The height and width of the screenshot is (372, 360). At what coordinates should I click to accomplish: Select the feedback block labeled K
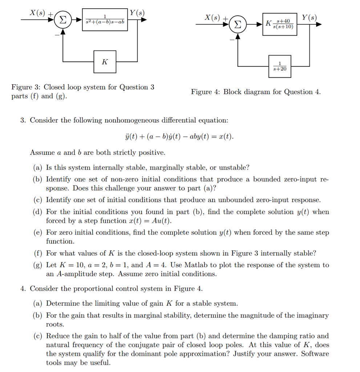click(105, 62)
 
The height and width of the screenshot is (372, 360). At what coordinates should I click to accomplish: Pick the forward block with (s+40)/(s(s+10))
click(280, 24)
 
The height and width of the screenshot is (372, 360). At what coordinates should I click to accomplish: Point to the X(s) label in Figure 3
click(38, 12)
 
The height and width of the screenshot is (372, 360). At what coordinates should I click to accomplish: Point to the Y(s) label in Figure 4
click(309, 17)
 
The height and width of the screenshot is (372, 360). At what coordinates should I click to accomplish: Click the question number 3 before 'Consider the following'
click(23, 120)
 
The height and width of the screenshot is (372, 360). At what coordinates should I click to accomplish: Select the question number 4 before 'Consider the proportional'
click(23, 289)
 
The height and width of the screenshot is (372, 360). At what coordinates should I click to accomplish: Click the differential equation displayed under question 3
click(179, 137)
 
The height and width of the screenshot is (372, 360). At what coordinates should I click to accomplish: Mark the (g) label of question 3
click(37, 265)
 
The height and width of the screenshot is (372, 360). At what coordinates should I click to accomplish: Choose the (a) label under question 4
click(37, 303)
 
